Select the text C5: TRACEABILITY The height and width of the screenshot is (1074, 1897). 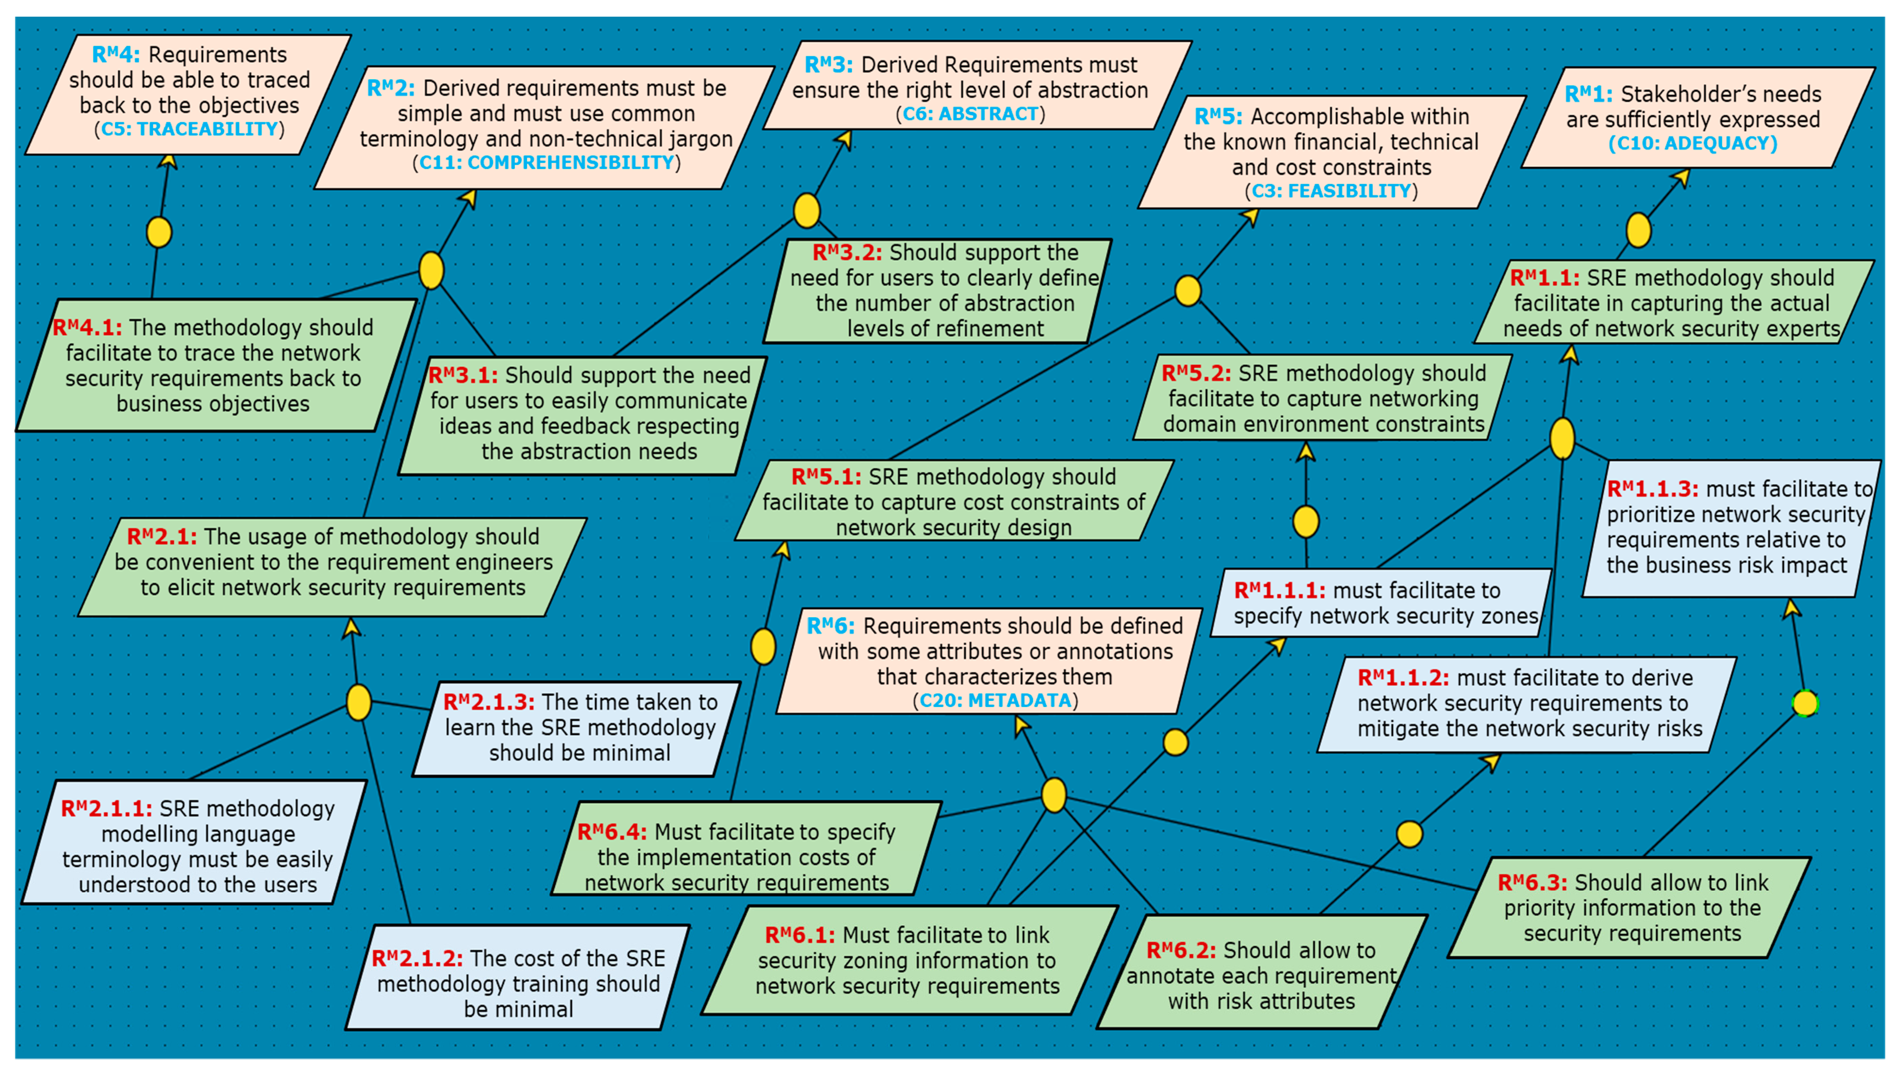189,129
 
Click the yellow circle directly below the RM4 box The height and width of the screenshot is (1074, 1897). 159,232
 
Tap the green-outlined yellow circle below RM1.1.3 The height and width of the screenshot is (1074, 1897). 1805,703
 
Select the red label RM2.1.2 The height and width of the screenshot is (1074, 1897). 417,958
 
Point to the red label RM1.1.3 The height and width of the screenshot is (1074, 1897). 1652,489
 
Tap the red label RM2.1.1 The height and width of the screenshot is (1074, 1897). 106,809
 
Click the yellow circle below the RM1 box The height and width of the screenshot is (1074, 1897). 1638,230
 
